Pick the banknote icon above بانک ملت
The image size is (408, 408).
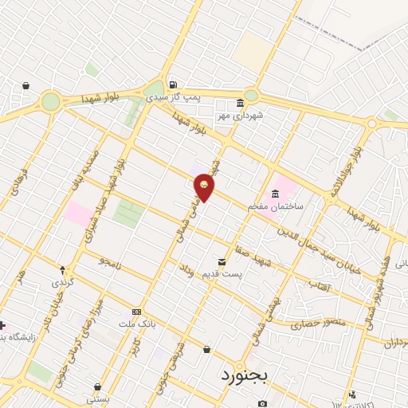[x=137, y=312]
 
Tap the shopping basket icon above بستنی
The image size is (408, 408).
[x=98, y=386]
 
